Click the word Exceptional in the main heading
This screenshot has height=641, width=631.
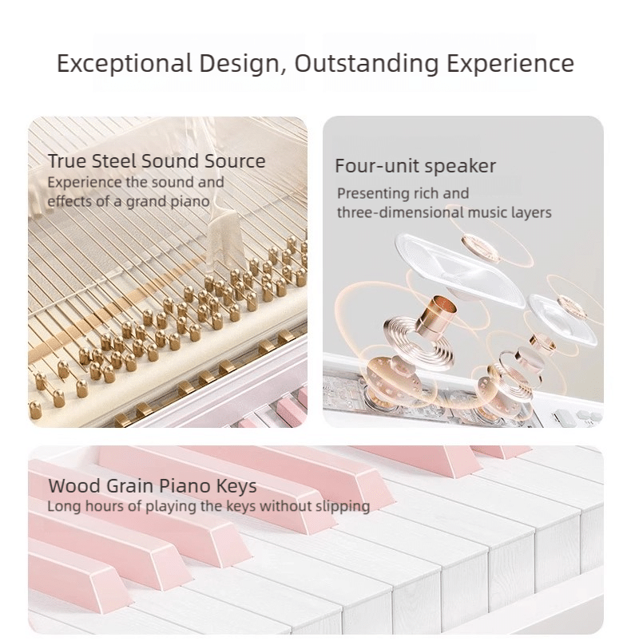[125, 64]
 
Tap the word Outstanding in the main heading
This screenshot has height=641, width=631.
[367, 63]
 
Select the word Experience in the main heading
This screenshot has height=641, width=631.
[510, 64]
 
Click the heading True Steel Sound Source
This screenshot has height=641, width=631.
[157, 160]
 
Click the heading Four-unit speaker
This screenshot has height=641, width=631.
[415, 166]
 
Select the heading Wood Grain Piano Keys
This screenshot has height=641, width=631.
[153, 485]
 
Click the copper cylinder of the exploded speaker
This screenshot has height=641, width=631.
[434, 312]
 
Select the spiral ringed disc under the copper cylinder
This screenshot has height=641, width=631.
[418, 342]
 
